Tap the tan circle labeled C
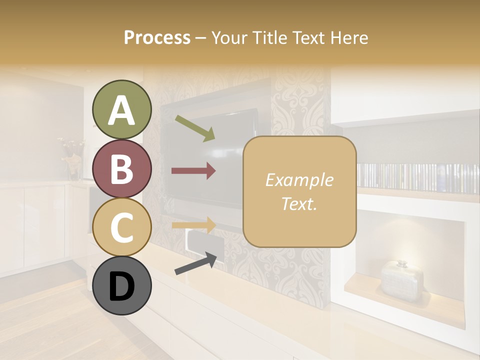click(121, 227)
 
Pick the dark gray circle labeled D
click(121, 286)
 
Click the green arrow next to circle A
click(195, 128)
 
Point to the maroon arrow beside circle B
click(193, 171)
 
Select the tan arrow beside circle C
click(193, 224)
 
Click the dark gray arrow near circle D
click(195, 264)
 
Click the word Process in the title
click(157, 38)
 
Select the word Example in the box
click(299, 180)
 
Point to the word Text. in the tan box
click(299, 203)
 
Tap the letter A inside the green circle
click(121, 110)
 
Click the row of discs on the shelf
click(417, 178)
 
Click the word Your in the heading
click(228, 38)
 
